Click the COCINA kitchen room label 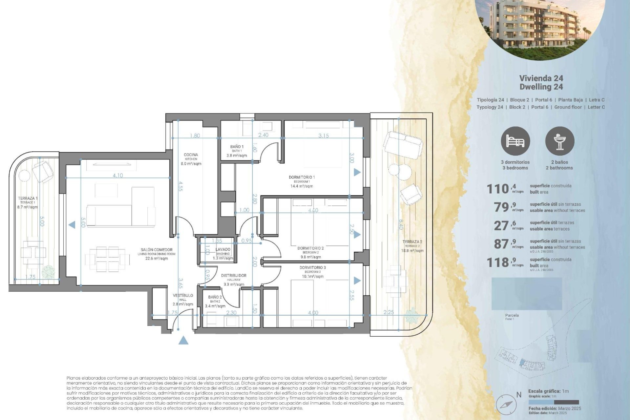[191, 155]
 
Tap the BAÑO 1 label [237, 147]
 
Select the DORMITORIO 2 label [310, 248]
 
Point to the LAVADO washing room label [223, 250]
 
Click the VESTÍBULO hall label [183, 296]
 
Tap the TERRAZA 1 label [28, 199]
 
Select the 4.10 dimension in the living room [117, 176]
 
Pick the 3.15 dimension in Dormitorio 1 [323, 136]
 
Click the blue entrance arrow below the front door [183, 340]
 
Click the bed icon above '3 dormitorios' [515, 141]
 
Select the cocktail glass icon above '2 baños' [559, 141]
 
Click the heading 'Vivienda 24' [541, 78]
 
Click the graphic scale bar [554, 402]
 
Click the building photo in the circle [539, 26]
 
